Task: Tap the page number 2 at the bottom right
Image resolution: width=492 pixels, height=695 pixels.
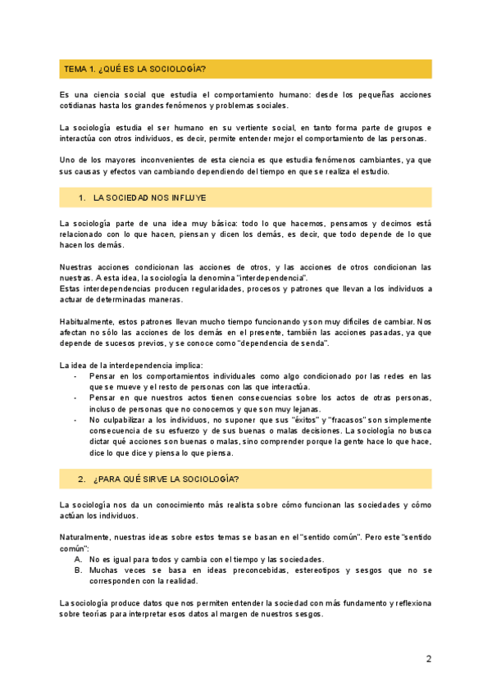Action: point(428,659)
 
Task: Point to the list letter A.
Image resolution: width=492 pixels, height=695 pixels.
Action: point(77,558)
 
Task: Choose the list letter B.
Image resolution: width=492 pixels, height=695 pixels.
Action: point(77,570)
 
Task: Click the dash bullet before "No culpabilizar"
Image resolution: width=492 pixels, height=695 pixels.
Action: point(76,420)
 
